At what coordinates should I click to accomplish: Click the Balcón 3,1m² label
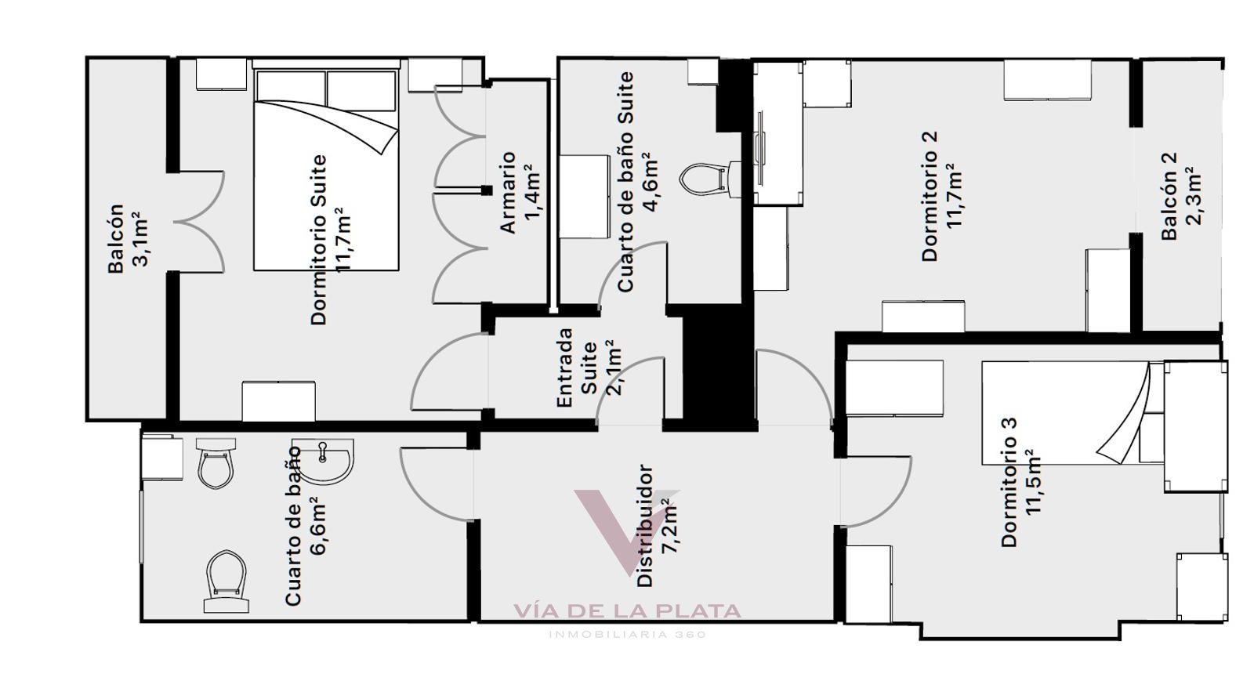129,238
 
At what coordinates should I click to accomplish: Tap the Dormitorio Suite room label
319,240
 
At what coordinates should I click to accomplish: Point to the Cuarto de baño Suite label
625,182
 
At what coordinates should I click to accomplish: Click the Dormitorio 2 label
930,197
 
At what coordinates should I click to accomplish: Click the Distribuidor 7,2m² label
658,525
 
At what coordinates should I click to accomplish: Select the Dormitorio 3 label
1009,483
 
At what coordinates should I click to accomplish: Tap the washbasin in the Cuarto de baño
323,461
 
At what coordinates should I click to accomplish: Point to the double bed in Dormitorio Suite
326,165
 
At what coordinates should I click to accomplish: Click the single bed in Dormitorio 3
1074,413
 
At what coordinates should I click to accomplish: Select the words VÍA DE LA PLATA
628,611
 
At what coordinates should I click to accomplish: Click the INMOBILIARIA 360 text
628,635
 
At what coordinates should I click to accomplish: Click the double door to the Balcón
199,222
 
